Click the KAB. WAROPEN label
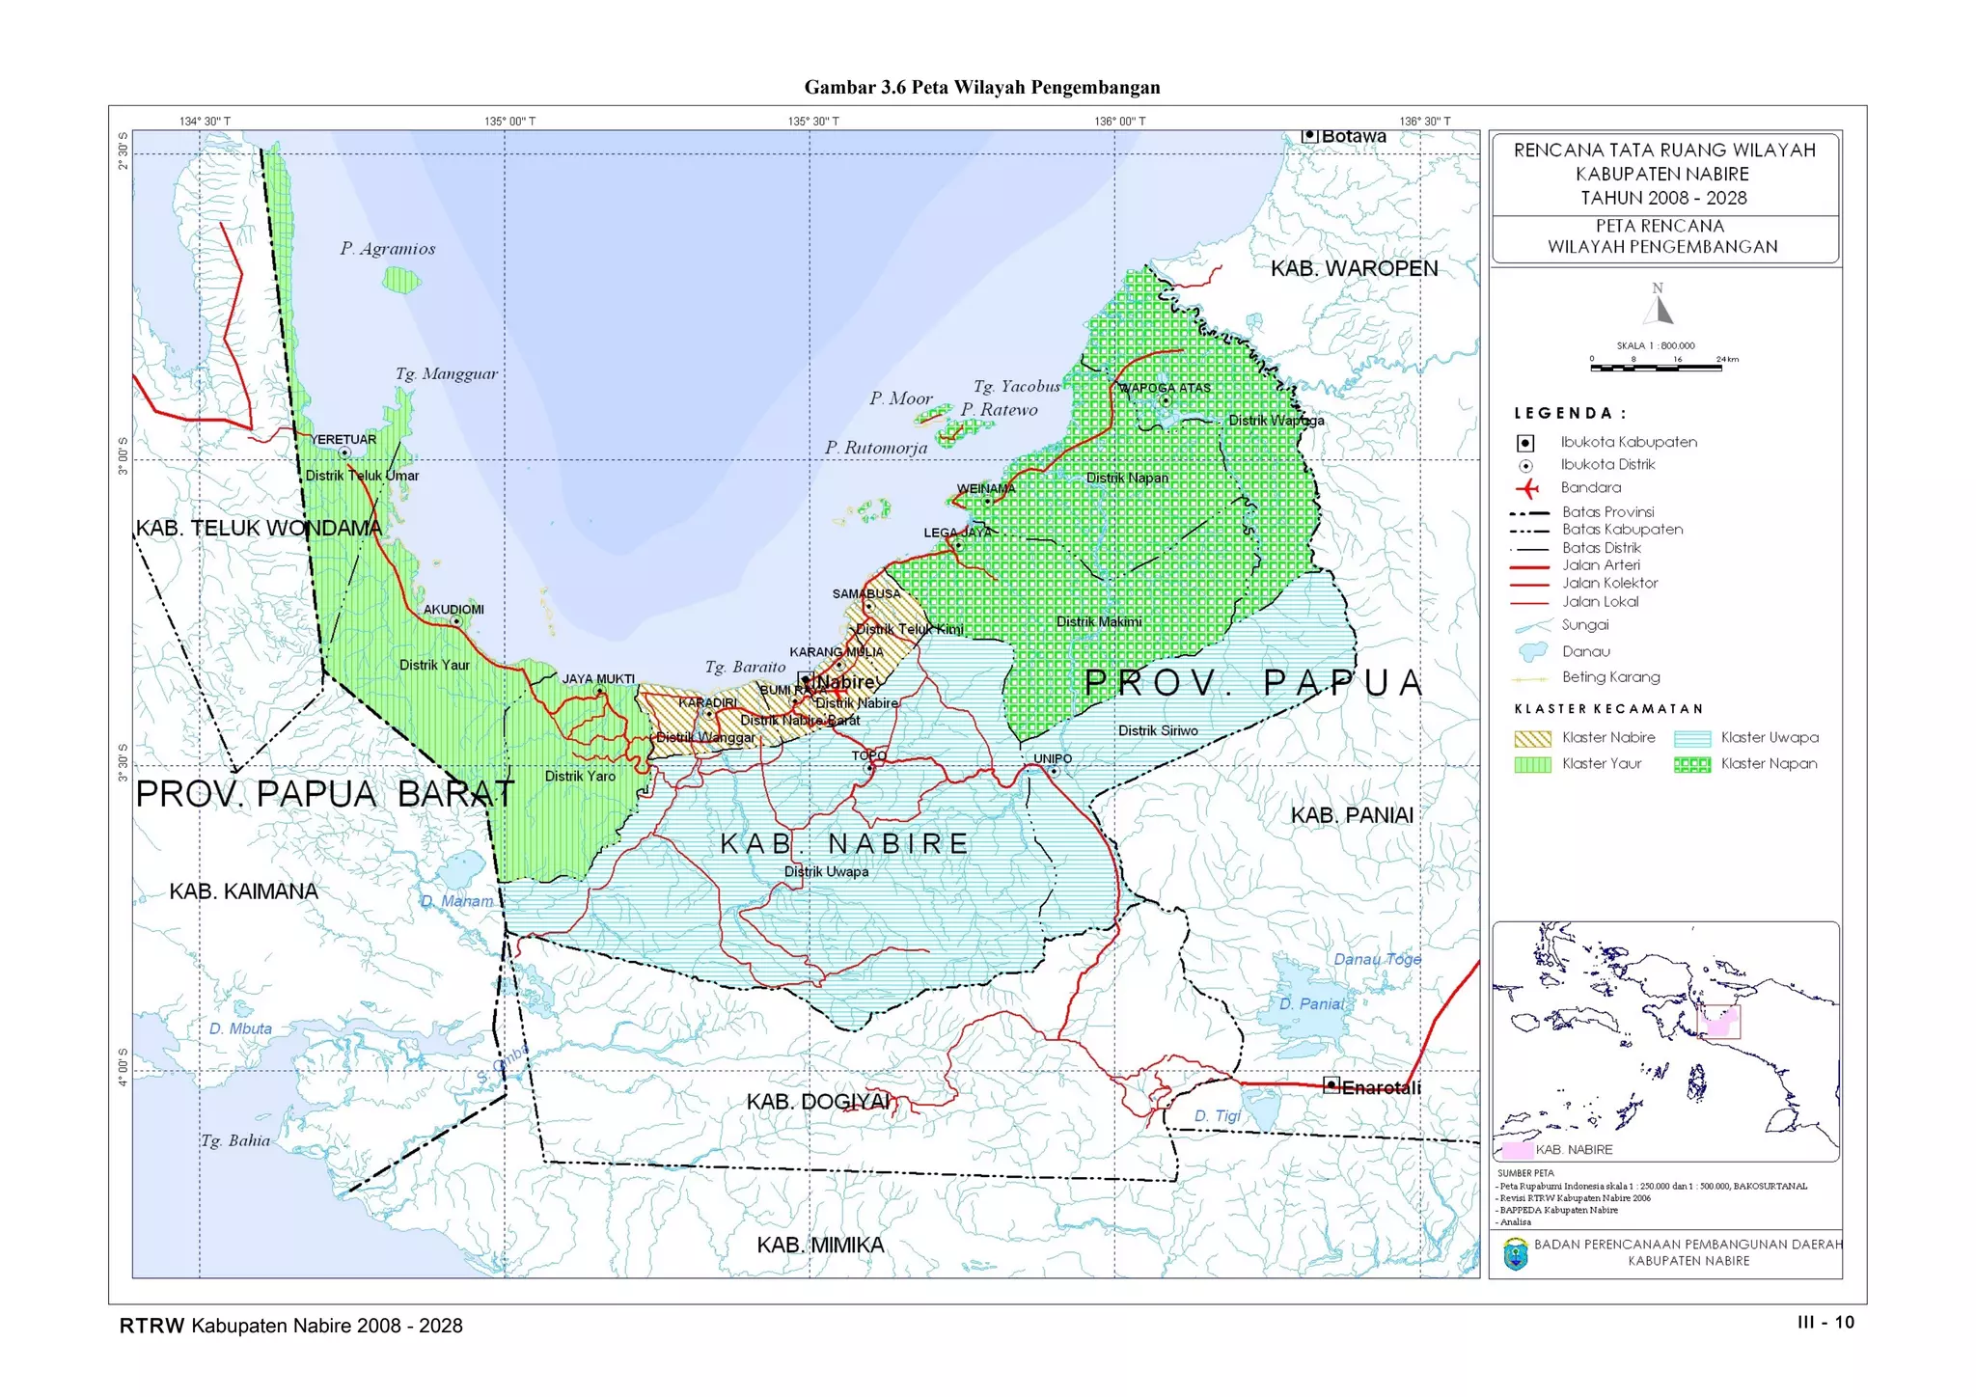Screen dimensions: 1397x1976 click(1353, 268)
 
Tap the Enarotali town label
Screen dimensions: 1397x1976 click(1381, 1088)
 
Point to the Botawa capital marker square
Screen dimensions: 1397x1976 click(1309, 136)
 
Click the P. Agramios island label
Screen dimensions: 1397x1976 click(387, 249)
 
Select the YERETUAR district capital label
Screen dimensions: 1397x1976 click(343, 440)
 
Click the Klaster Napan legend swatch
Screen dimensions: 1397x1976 click(1691, 765)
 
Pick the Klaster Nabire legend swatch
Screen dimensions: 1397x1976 click(1532, 739)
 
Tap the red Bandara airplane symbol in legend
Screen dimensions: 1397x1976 click(1525, 488)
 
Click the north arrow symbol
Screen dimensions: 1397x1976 click(1658, 307)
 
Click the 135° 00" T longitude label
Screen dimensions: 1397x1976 click(509, 122)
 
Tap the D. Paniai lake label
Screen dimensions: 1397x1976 click(1310, 1004)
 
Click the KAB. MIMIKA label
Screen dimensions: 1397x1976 click(819, 1246)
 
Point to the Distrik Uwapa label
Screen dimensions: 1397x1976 click(826, 872)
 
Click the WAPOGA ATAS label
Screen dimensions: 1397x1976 click(1165, 388)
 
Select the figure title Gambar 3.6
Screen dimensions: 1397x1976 click(981, 88)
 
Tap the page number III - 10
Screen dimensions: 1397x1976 click(1825, 1323)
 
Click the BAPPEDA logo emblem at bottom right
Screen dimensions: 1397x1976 click(1515, 1254)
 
